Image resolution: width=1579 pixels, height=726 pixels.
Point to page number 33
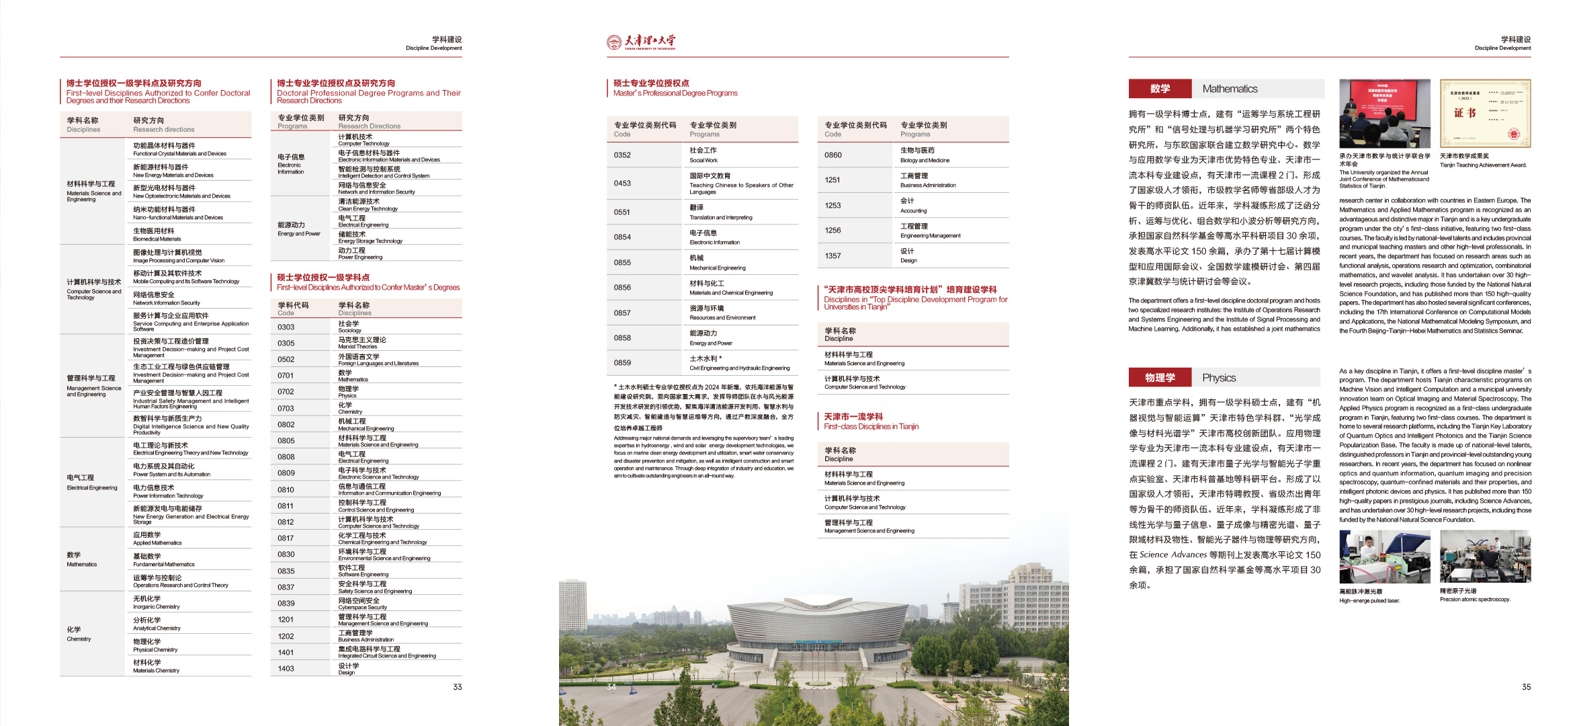point(458,687)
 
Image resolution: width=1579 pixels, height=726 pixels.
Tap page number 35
point(1527,687)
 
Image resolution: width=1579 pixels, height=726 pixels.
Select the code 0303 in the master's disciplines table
point(286,327)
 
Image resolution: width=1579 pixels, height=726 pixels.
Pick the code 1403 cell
point(286,669)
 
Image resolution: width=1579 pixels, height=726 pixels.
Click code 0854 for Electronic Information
point(622,237)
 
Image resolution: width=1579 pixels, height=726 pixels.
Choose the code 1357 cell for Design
point(833,256)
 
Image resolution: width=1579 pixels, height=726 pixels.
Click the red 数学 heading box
point(1160,89)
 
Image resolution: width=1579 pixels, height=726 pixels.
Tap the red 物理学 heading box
point(1160,378)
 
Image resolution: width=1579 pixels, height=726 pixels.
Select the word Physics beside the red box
point(1219,378)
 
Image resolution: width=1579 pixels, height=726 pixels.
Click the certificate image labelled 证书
point(1485,114)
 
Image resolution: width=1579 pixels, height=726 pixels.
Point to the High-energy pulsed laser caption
point(1369,601)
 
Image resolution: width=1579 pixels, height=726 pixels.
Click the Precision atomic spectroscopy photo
point(1485,556)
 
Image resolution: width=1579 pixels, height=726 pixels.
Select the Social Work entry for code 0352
point(703,155)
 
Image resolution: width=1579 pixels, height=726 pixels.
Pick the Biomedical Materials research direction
point(157,235)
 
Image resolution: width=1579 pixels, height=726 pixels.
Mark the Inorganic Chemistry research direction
point(156,602)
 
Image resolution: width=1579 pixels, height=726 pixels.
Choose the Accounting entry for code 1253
point(913,206)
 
